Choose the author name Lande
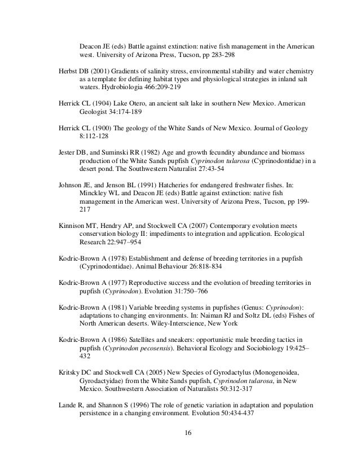click(68, 406)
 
